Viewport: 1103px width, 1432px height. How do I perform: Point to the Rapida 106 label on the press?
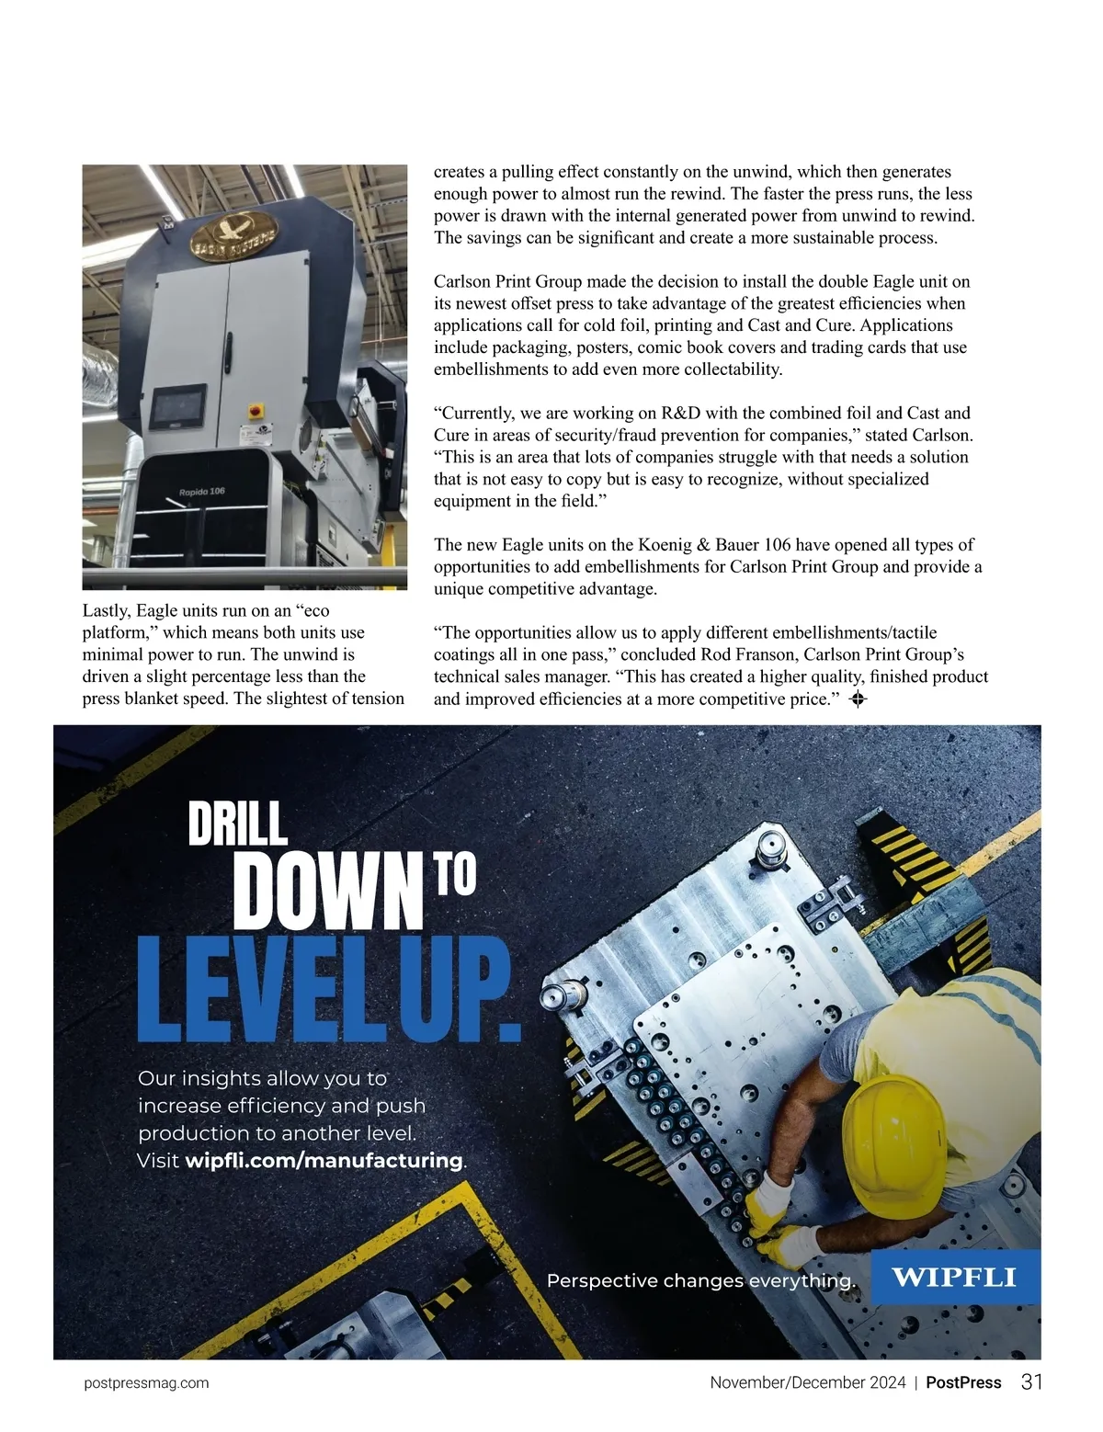201,492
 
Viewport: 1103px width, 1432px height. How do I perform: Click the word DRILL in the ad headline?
237,824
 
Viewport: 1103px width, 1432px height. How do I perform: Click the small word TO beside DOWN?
455,878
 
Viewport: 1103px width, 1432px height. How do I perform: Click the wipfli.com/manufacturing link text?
324,1161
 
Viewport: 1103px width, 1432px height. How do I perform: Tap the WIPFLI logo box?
955,1277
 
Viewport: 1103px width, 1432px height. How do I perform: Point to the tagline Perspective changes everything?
700,1280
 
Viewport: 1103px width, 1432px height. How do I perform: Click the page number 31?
1031,1382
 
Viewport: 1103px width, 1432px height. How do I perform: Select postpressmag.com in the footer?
146,1383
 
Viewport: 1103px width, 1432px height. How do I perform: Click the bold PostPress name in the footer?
962,1382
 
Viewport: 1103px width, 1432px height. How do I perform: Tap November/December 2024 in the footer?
807,1382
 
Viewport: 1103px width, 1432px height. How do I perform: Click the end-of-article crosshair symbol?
859,699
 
